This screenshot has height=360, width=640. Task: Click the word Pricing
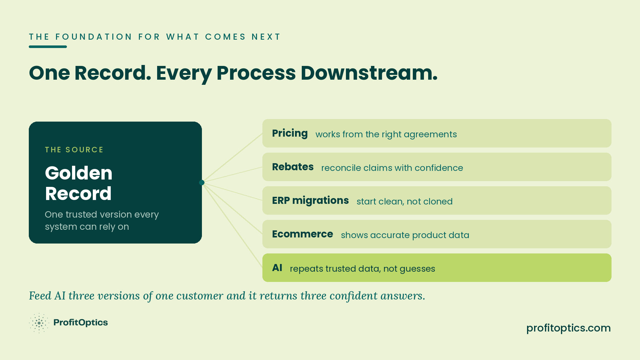tap(290, 133)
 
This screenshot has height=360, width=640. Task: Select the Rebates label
tap(293, 167)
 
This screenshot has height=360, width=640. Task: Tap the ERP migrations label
tap(310, 201)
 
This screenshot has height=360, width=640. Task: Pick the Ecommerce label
tap(302, 234)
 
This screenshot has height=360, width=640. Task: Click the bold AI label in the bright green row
tap(277, 268)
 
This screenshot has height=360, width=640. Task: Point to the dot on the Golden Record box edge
tap(202, 182)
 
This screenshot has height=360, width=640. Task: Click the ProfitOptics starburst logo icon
tap(39, 323)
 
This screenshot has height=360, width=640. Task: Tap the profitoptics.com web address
tap(569, 328)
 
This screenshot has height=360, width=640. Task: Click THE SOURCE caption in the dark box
tap(74, 150)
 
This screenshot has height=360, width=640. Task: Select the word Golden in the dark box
tap(79, 173)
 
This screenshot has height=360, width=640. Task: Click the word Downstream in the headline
tap(369, 73)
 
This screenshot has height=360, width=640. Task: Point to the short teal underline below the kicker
tap(48, 47)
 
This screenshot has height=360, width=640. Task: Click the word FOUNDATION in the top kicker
tap(94, 37)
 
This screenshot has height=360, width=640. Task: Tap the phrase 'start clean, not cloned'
tap(404, 202)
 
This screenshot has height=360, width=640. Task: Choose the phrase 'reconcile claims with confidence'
tap(392, 168)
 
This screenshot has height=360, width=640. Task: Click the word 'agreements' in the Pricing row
tap(430, 135)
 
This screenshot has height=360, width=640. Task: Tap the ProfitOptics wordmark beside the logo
tap(81, 323)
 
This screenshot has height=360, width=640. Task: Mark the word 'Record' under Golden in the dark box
tap(78, 194)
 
